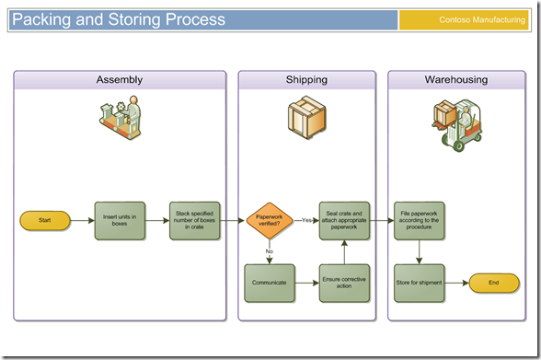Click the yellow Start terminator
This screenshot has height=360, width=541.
(x=45, y=221)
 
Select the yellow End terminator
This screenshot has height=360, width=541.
(x=494, y=284)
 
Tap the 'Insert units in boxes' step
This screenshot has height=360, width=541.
(x=120, y=221)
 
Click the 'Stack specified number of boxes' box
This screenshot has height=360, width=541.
(x=195, y=221)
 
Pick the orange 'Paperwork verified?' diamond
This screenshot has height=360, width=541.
(x=270, y=221)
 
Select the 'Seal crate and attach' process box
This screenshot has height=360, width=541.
(x=345, y=221)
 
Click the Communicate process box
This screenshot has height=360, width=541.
(x=270, y=283)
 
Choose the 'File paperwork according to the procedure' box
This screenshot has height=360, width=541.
(x=420, y=221)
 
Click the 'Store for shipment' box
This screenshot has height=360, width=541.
(x=420, y=283)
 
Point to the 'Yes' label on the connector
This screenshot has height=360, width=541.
(x=306, y=220)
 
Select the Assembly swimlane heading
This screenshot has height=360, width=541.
(x=120, y=80)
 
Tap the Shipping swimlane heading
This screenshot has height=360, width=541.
(x=306, y=80)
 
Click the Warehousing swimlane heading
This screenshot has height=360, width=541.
(x=456, y=80)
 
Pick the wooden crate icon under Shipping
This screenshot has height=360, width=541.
(x=305, y=118)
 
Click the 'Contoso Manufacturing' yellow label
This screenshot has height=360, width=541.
(x=468, y=20)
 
